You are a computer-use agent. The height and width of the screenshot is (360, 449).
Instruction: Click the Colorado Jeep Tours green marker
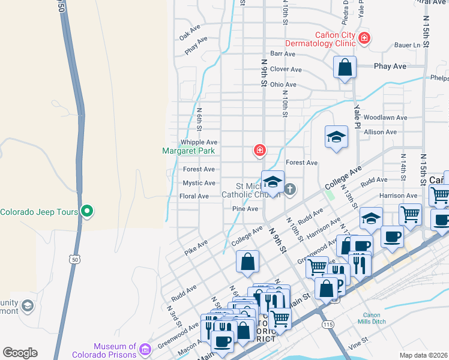87,211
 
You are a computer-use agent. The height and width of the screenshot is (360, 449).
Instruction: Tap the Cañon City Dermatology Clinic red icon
363,39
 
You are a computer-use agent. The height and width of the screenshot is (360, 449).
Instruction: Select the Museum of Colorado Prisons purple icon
145,349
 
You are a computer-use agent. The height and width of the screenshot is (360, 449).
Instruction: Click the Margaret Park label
188,151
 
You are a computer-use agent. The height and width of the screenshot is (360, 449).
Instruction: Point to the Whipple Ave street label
199,142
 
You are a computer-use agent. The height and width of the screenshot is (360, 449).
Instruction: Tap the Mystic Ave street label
199,183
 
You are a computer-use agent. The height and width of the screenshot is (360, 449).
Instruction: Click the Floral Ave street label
194,196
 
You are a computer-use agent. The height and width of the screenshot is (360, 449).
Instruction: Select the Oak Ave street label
189,29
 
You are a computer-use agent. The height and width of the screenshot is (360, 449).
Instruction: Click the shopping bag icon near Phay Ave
345,68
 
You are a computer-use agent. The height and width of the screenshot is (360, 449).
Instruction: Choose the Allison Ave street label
380,132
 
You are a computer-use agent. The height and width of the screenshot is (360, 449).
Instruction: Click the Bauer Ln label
408,45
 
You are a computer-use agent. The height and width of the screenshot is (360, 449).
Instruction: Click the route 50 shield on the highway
74,259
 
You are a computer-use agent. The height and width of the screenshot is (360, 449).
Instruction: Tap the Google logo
20,353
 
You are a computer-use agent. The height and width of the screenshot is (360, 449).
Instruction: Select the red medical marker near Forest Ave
259,150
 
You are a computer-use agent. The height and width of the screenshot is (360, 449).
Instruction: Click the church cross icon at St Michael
290,190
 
